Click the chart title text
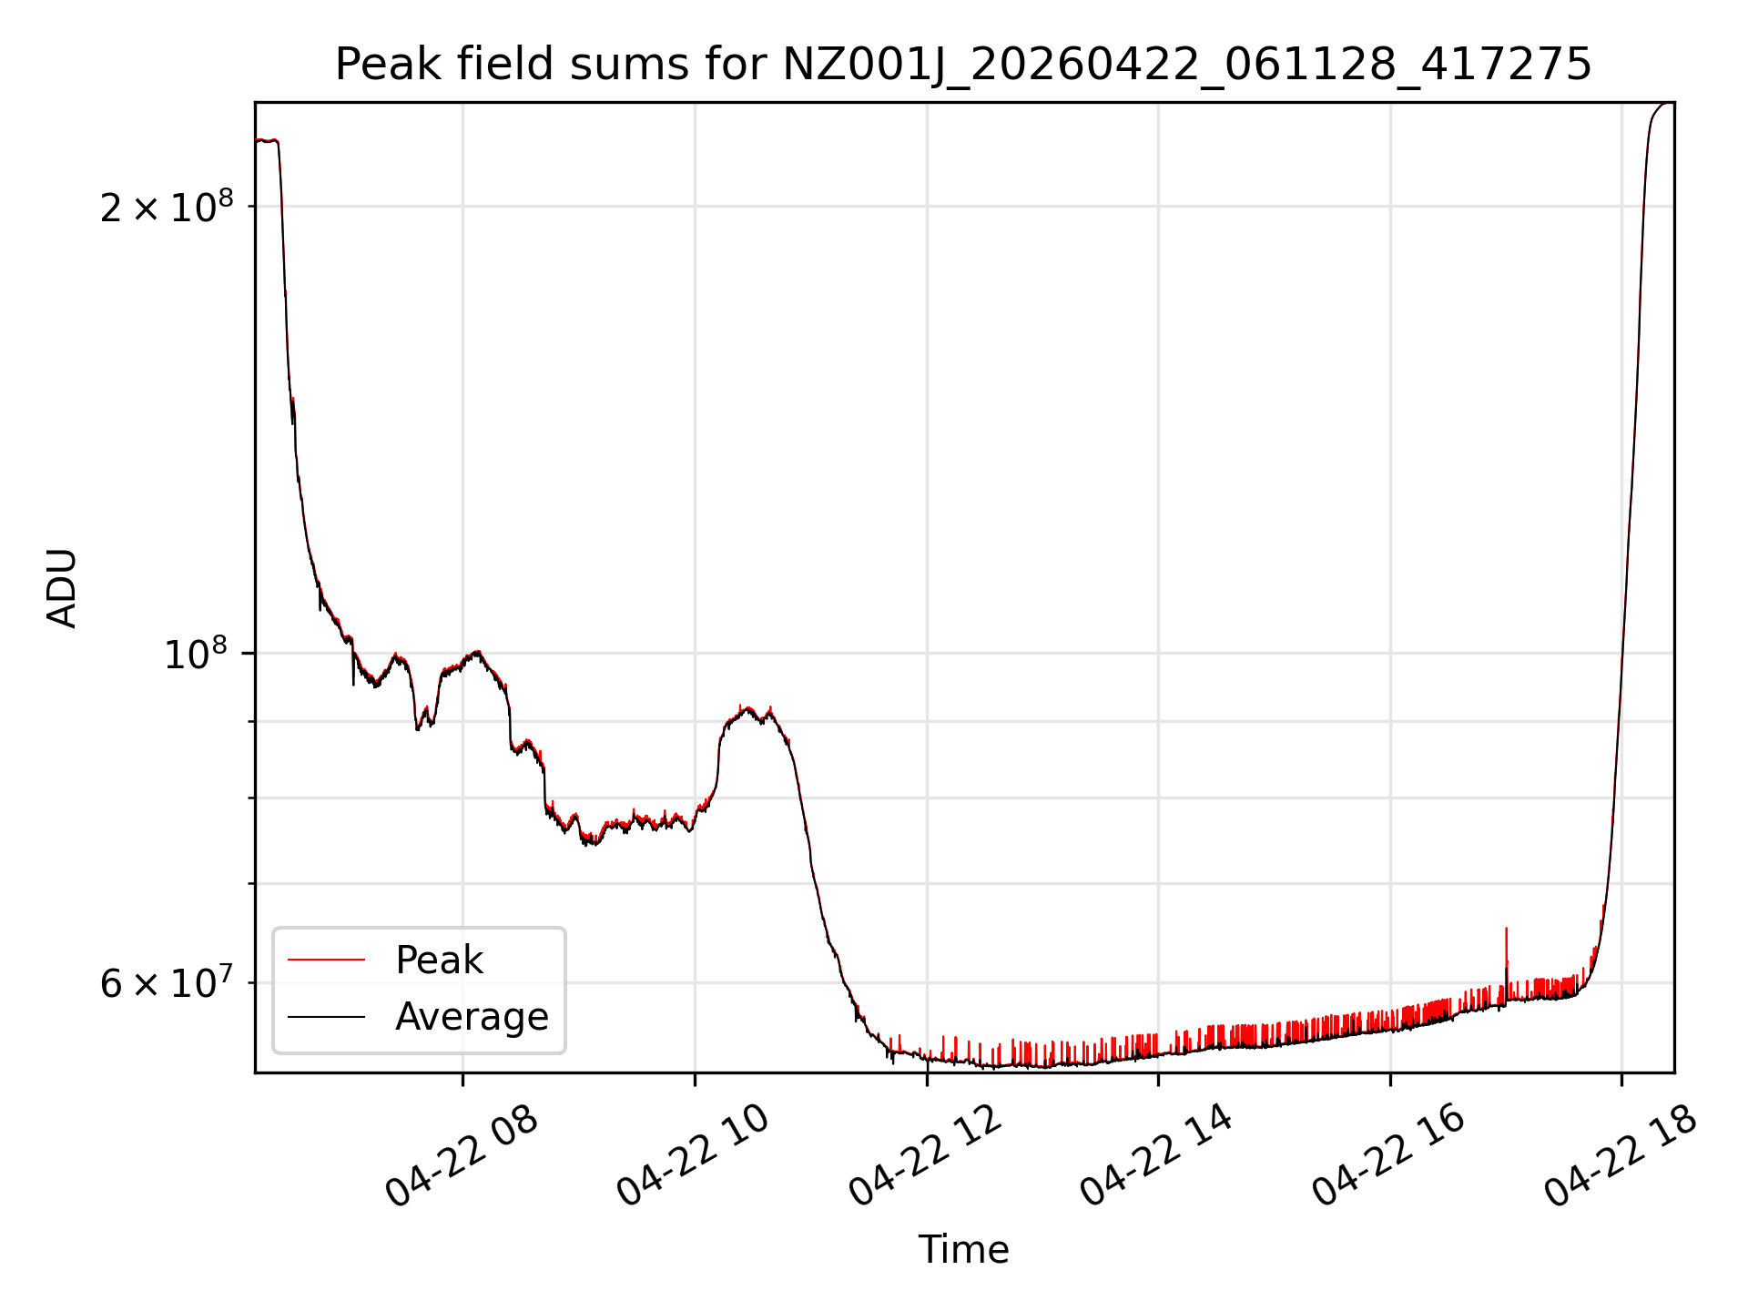click(x=963, y=66)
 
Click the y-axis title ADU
click(x=63, y=588)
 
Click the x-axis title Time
click(x=963, y=1250)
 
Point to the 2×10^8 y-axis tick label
click(x=166, y=208)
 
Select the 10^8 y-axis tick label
click(x=195, y=654)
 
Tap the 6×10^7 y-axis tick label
click(x=166, y=984)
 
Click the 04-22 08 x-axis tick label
click(x=462, y=1157)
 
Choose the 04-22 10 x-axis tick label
click(x=694, y=1157)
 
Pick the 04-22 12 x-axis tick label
click(x=926, y=1157)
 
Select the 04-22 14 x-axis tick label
click(x=1157, y=1157)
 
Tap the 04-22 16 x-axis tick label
click(x=1388, y=1157)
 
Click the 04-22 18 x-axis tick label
click(x=1621, y=1157)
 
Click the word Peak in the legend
click(x=439, y=960)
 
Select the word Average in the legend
click(x=472, y=1016)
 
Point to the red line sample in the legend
click(x=326, y=960)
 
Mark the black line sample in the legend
click(x=326, y=1017)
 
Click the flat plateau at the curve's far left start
click(x=266, y=140)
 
